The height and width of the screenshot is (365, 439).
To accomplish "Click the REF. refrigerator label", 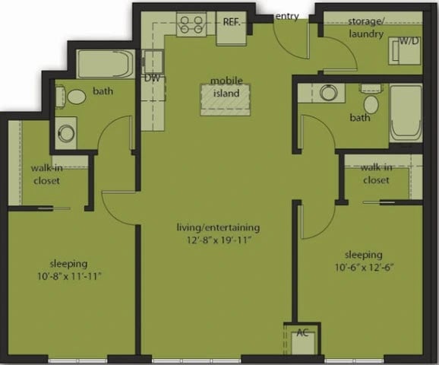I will click(x=232, y=21).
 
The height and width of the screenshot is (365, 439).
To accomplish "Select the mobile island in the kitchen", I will click(x=226, y=98).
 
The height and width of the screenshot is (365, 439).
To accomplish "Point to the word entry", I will click(x=287, y=16).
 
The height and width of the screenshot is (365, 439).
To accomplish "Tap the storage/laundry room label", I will click(x=368, y=27).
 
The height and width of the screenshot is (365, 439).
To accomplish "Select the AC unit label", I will click(x=302, y=332).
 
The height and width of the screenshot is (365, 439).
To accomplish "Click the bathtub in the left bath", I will click(x=106, y=65).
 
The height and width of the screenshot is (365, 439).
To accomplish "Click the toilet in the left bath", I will click(x=76, y=97).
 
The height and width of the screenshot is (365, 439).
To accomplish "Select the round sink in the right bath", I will click(x=328, y=93).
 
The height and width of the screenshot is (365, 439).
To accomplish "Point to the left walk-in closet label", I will click(x=46, y=175).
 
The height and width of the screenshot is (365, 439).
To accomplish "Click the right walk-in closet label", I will click(x=376, y=174).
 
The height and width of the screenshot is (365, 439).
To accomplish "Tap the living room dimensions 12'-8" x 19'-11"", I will click(x=219, y=240).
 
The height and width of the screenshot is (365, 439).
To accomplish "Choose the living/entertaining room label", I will click(x=219, y=227).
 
